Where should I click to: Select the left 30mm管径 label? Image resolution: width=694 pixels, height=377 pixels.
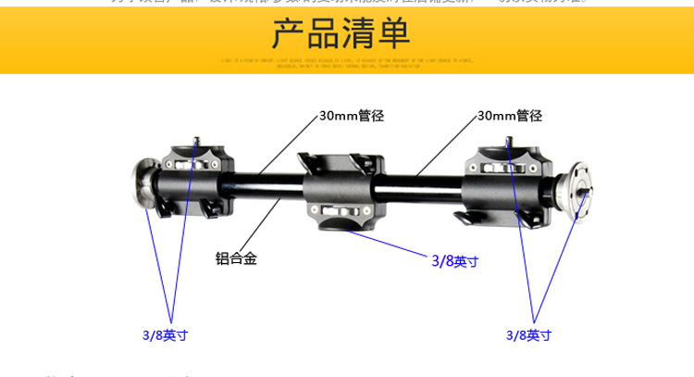[351, 117]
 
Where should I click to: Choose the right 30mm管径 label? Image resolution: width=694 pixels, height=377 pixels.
[510, 117]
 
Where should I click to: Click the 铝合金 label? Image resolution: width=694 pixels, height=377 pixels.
[236, 258]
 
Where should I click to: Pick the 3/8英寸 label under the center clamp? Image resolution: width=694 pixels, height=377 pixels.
[455, 261]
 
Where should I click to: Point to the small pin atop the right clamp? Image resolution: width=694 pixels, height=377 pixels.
[509, 143]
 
